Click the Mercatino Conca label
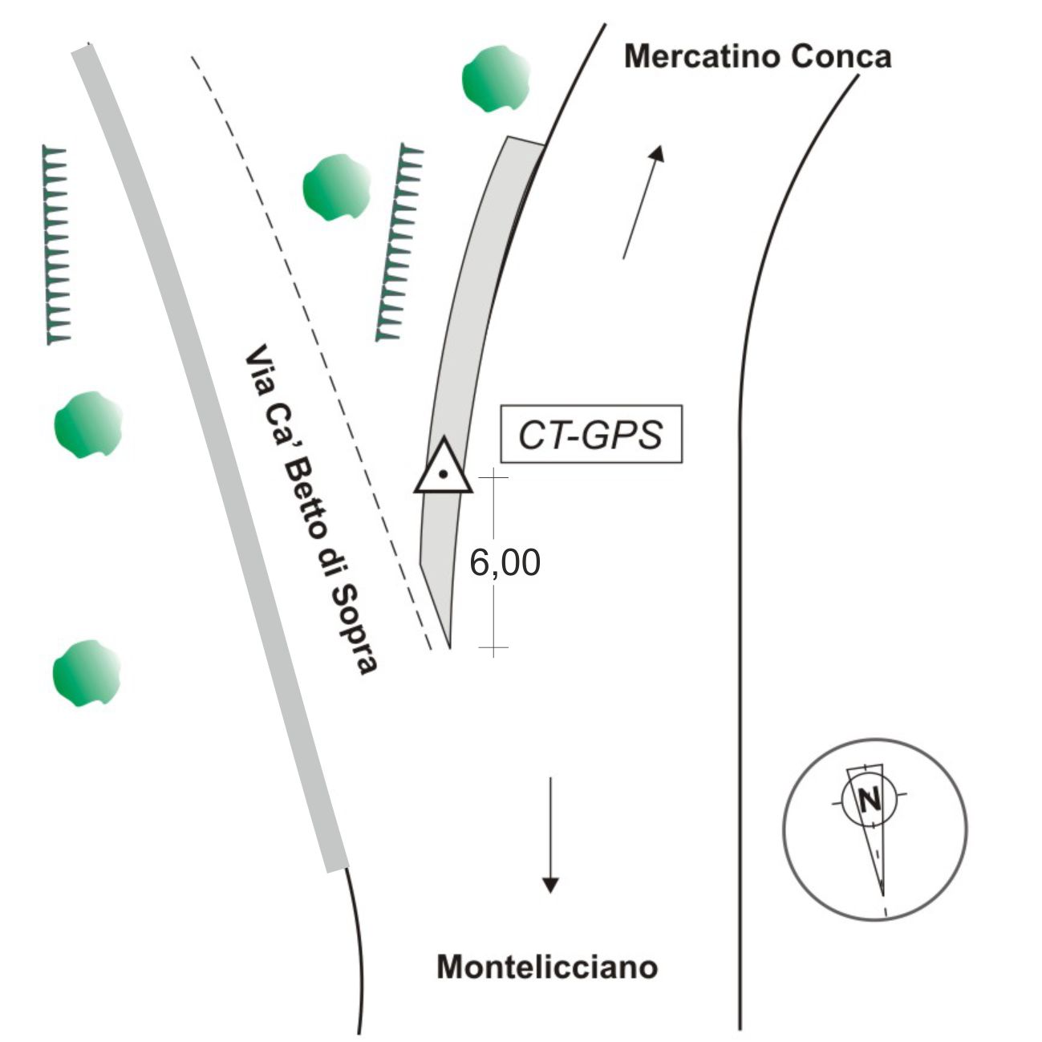[757, 57]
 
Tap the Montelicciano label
[547, 967]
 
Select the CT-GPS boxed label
[591, 434]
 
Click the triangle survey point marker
[442, 468]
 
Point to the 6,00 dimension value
[505, 563]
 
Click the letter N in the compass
[868, 800]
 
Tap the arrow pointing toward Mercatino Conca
[643, 202]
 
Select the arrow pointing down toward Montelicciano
[549, 834]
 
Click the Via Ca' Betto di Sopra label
[310, 510]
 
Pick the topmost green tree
[496, 79]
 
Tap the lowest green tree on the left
[87, 673]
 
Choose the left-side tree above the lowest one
[87, 424]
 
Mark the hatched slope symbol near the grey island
[399, 242]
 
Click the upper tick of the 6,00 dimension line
[493, 477]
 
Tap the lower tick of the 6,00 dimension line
[493, 647]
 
